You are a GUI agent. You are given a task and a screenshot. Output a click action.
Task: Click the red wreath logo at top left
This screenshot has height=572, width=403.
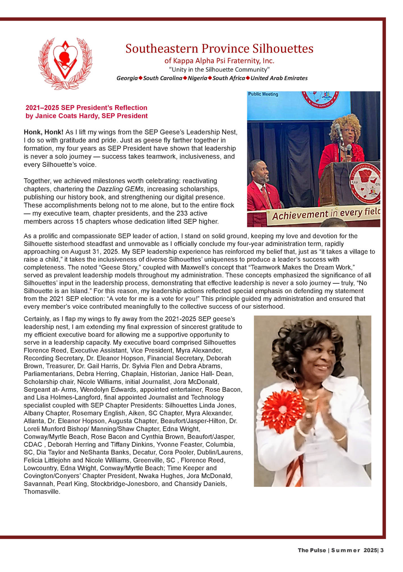[x=65, y=63]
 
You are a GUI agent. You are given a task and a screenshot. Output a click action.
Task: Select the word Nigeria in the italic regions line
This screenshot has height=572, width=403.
[x=198, y=78]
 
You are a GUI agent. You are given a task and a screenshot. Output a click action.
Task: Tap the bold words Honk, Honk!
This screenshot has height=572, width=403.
[x=43, y=132]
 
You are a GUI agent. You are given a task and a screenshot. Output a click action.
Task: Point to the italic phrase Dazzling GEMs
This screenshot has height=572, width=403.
[x=120, y=189]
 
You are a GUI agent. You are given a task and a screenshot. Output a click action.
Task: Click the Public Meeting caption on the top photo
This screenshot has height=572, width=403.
[x=263, y=94]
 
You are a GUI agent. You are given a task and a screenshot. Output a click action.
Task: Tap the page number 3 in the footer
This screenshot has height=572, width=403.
[x=382, y=550]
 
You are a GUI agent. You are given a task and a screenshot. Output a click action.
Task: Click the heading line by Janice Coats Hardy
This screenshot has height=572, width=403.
[x=87, y=116]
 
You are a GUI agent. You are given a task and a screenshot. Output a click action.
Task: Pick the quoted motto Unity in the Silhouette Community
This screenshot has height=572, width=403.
[x=219, y=70]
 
